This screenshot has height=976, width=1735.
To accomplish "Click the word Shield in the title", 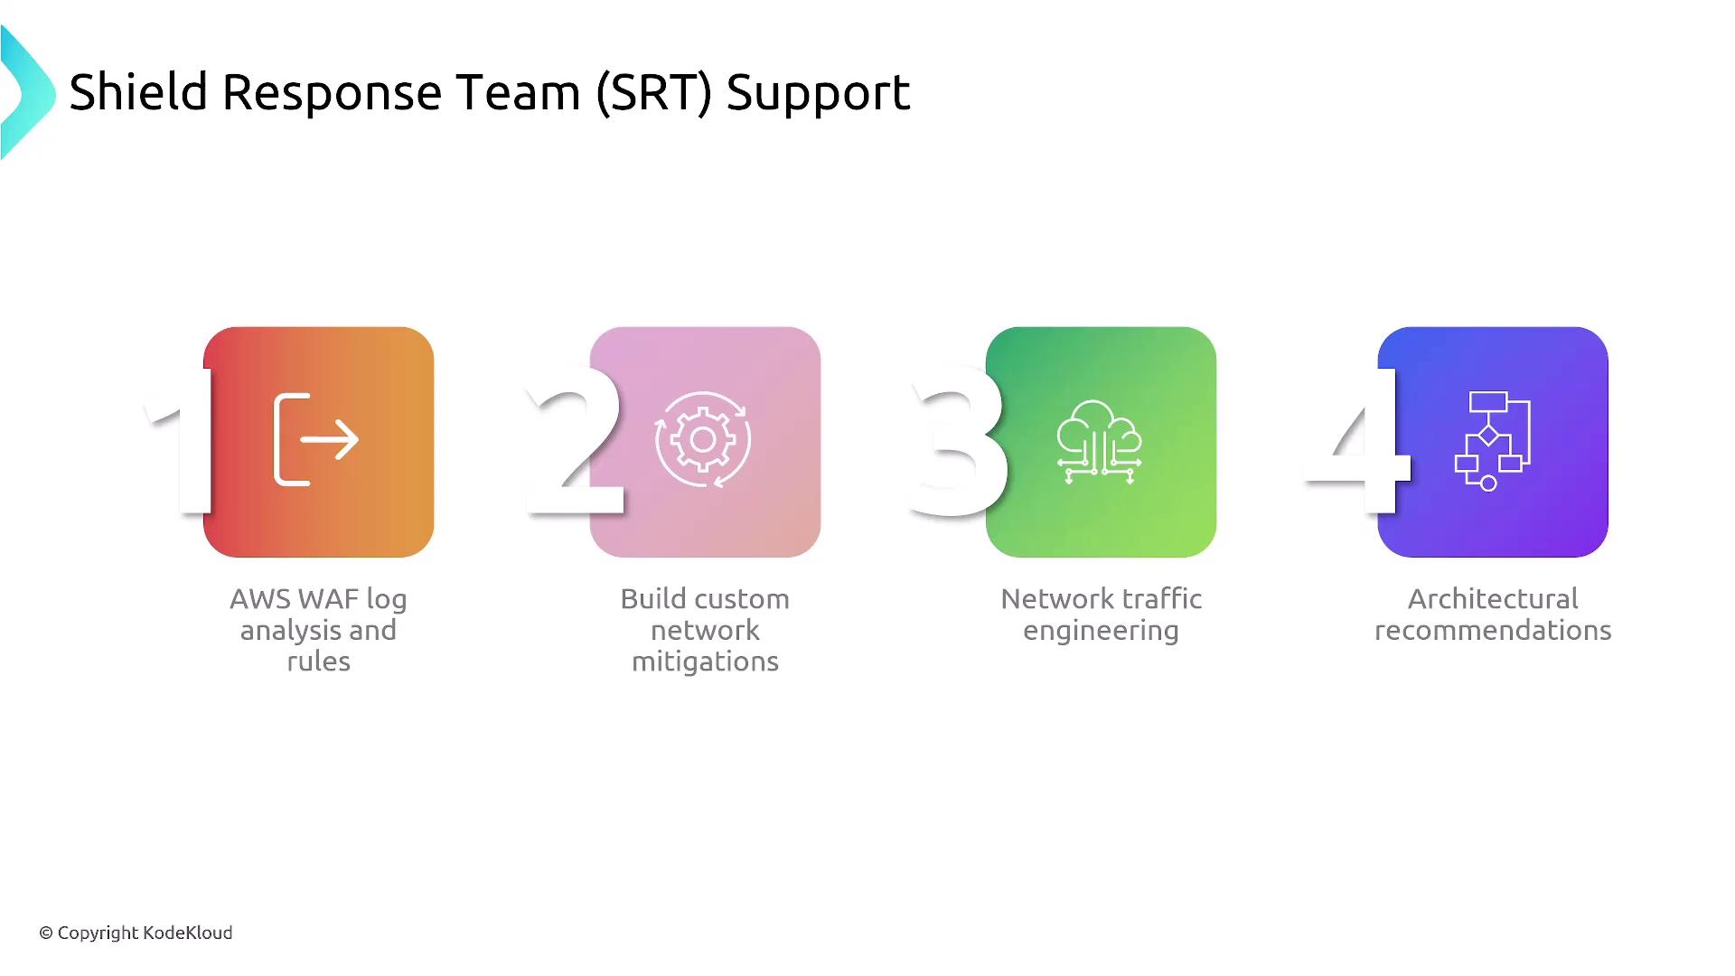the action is [x=138, y=92].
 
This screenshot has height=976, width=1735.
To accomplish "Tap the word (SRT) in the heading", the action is [x=654, y=93].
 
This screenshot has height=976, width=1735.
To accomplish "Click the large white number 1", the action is [x=181, y=440].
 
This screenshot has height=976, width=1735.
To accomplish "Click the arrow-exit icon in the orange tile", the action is [x=316, y=440].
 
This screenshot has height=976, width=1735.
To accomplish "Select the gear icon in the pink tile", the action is [x=703, y=440].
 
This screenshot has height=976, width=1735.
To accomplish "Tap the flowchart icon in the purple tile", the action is [x=1492, y=441].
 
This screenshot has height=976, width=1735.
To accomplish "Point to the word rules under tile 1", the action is [x=318, y=662].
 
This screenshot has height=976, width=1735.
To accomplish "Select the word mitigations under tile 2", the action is [x=705, y=662].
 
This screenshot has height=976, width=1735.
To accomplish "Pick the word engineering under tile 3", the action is [x=1101, y=632].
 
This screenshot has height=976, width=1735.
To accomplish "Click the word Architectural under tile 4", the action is [x=1493, y=599].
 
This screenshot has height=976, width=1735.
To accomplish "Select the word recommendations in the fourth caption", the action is [x=1493, y=631].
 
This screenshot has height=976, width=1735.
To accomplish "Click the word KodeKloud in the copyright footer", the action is [x=189, y=933].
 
